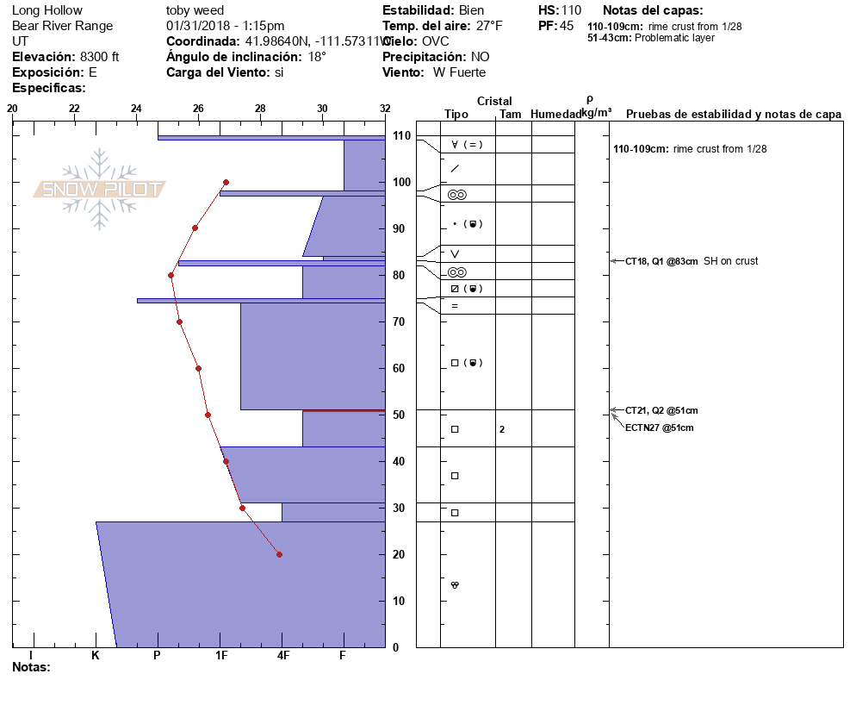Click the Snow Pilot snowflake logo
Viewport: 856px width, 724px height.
[100, 189]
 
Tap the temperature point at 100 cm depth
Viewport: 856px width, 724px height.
[226, 182]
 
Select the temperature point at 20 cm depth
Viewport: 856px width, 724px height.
[279, 554]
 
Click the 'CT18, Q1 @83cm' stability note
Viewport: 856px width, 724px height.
[661, 261]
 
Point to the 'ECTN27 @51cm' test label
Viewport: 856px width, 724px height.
[659, 428]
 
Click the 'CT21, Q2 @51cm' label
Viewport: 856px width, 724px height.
[661, 410]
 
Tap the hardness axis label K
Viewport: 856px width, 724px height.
[96, 656]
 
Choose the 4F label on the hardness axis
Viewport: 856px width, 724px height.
[282, 656]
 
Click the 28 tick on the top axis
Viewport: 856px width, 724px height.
[260, 109]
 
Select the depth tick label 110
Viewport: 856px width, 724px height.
[401, 136]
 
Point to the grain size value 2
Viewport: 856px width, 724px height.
[501, 429]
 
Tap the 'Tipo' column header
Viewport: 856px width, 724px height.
[456, 115]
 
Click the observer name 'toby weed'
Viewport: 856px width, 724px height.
[195, 10]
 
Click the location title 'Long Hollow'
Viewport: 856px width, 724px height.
[47, 10]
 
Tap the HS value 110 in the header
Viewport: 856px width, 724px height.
[572, 10]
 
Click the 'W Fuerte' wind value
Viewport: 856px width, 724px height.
[459, 72]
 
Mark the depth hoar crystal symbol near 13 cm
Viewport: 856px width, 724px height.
[455, 585]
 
